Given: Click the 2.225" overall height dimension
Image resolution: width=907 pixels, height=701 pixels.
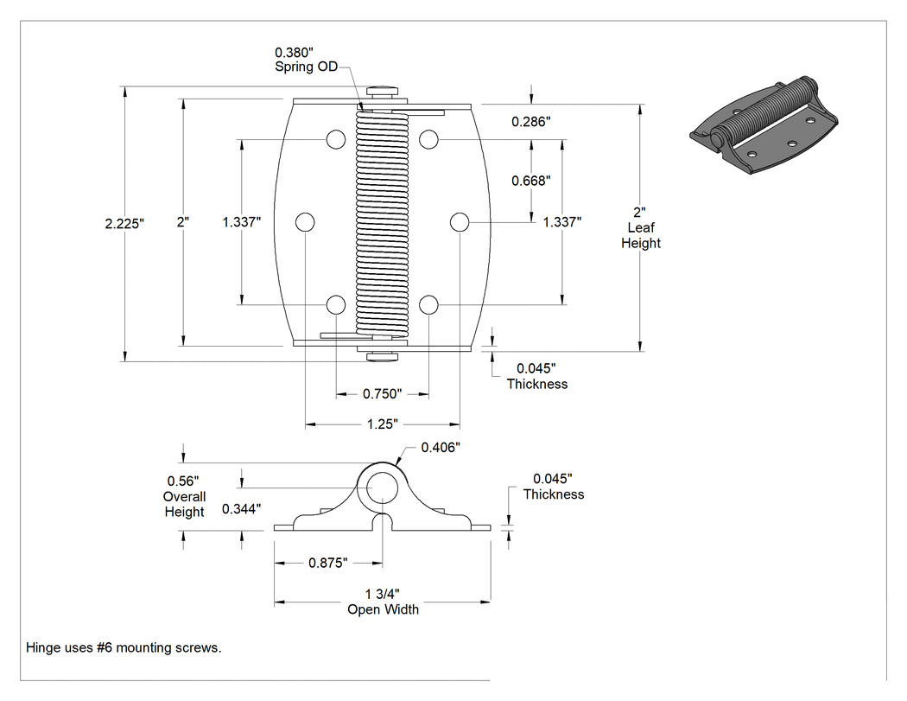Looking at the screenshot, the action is click(124, 224).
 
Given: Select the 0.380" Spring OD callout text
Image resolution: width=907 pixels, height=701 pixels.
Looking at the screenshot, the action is click(306, 60).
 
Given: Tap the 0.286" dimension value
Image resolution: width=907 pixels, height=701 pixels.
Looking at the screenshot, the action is click(531, 122).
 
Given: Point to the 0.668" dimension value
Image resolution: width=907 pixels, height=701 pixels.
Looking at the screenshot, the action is click(531, 182).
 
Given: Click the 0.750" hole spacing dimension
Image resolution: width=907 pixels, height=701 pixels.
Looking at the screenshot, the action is click(382, 394).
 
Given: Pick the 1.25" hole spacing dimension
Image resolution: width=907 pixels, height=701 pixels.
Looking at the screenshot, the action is click(383, 424).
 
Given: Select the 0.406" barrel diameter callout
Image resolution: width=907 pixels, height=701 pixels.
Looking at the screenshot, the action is click(441, 448).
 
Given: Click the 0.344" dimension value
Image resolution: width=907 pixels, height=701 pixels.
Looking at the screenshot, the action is click(241, 509).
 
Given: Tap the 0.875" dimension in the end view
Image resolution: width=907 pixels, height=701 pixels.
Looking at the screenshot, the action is click(328, 563).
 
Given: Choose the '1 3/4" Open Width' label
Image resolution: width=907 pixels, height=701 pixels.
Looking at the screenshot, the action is click(383, 602).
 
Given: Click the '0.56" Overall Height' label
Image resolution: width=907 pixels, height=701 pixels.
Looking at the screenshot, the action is click(185, 496).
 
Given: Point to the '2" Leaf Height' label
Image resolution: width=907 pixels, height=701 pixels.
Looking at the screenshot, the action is click(640, 228).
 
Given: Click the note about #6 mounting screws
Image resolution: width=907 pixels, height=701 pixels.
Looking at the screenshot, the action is click(124, 647).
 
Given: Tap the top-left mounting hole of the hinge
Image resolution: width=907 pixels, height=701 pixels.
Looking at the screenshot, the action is click(336, 139).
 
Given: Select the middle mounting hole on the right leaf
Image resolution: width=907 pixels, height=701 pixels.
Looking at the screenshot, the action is click(460, 222).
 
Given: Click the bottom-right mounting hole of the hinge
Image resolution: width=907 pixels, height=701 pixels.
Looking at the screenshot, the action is click(428, 304).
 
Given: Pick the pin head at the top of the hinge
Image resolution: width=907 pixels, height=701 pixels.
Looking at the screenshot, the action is click(383, 90).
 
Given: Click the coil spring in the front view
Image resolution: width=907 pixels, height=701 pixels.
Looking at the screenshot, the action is click(383, 225).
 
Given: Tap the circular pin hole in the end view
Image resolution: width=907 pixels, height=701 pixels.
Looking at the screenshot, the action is click(382, 488).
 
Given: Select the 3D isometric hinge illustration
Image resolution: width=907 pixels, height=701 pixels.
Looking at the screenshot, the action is click(764, 125).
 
